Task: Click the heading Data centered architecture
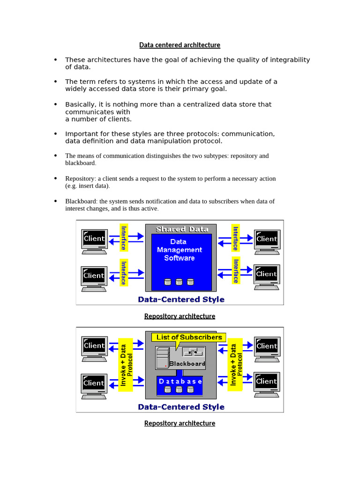click(180, 45)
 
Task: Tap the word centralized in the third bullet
click(175, 105)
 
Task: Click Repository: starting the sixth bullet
click(80, 179)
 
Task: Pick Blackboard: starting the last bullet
click(81, 202)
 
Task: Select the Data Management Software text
click(179, 250)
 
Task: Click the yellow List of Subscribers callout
click(189, 337)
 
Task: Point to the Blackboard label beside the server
click(187, 364)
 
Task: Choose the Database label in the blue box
click(180, 381)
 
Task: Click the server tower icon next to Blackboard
click(162, 359)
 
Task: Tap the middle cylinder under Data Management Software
click(179, 282)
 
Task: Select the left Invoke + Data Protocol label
click(126, 366)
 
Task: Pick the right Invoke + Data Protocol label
click(235, 365)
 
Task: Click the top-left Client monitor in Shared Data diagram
click(94, 239)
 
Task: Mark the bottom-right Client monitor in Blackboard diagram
click(267, 382)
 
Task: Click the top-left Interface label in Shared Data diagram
click(124, 238)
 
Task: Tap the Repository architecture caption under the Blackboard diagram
click(180, 423)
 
